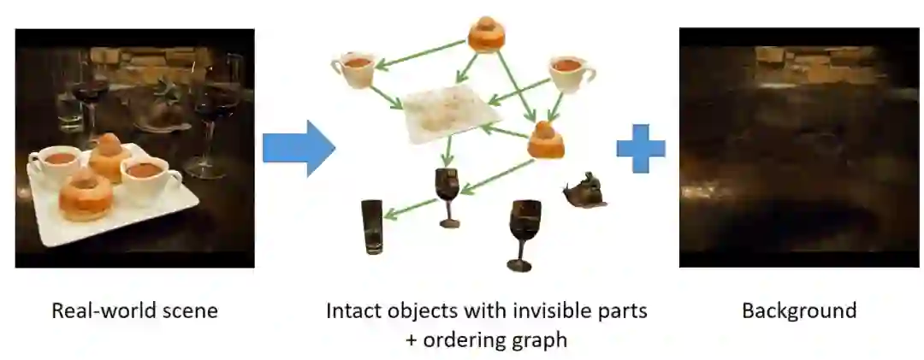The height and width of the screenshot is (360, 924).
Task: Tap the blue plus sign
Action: [x=640, y=148]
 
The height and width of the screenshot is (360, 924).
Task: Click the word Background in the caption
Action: [x=798, y=310]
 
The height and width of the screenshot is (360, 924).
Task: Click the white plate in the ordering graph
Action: [x=450, y=115]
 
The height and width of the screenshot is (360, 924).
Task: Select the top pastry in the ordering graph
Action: [x=487, y=33]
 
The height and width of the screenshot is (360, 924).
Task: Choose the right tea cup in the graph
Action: [x=570, y=74]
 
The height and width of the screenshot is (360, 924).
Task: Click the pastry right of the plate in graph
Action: [x=545, y=140]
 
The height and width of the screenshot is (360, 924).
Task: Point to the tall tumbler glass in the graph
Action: [x=372, y=227]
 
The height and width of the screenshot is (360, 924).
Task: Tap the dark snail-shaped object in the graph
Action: [x=585, y=191]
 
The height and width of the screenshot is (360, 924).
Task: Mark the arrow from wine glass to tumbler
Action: [x=409, y=208]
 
